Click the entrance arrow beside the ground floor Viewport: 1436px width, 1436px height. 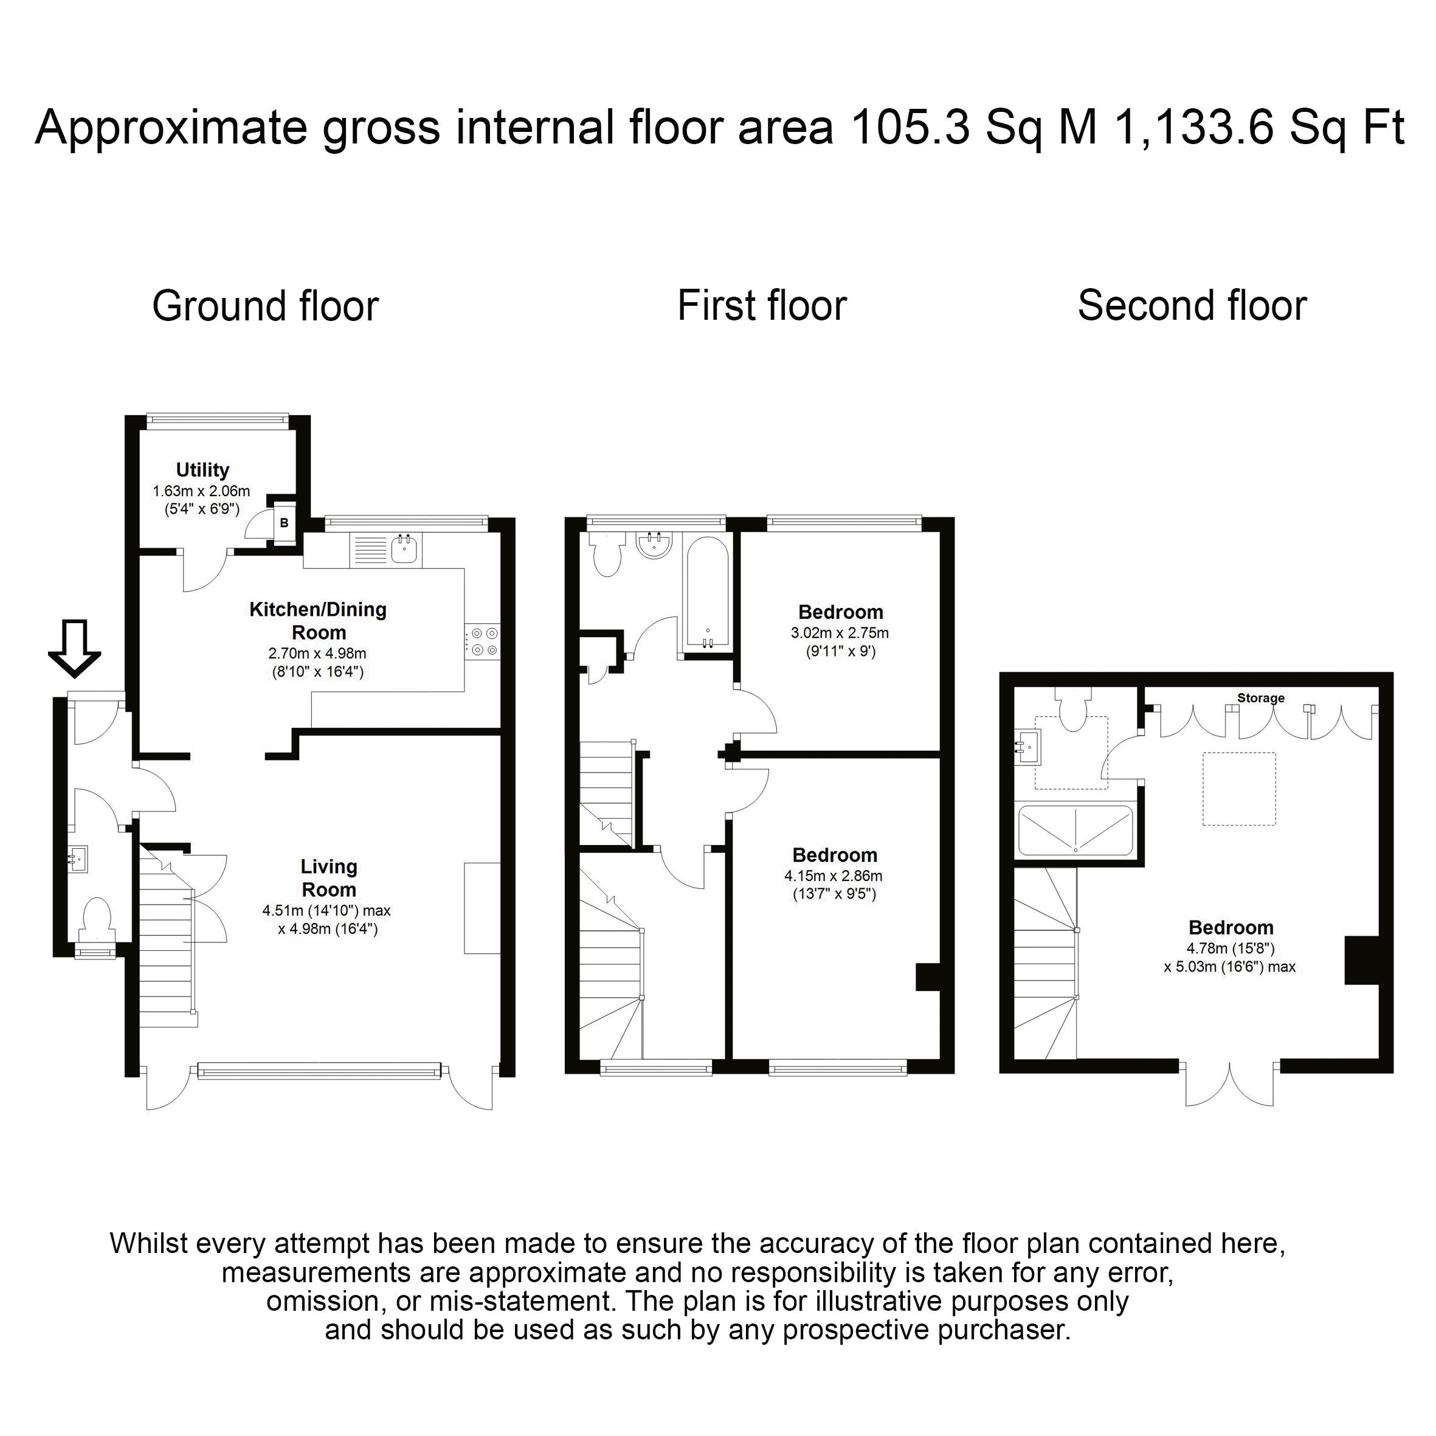(x=74, y=648)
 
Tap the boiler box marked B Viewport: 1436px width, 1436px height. (x=284, y=523)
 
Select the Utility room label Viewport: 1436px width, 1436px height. (x=202, y=470)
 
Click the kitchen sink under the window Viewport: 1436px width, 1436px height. (x=405, y=548)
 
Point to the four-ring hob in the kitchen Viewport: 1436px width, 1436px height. (x=483, y=641)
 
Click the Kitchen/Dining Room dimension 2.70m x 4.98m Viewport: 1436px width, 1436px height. (x=317, y=654)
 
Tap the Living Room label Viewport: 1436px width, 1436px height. (x=328, y=878)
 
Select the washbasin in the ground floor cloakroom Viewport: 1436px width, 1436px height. (x=78, y=858)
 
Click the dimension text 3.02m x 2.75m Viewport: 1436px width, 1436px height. (x=840, y=633)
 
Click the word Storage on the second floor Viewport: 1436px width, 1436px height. (x=1260, y=698)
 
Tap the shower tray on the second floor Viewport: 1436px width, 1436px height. (x=1075, y=829)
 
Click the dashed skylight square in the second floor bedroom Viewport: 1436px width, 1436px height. (x=1240, y=789)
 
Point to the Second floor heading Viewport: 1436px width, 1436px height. (x=1192, y=305)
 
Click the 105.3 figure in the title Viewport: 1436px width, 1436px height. (x=911, y=127)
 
